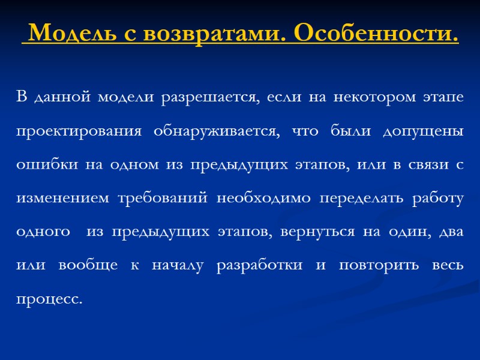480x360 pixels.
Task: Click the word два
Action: point(451,232)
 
